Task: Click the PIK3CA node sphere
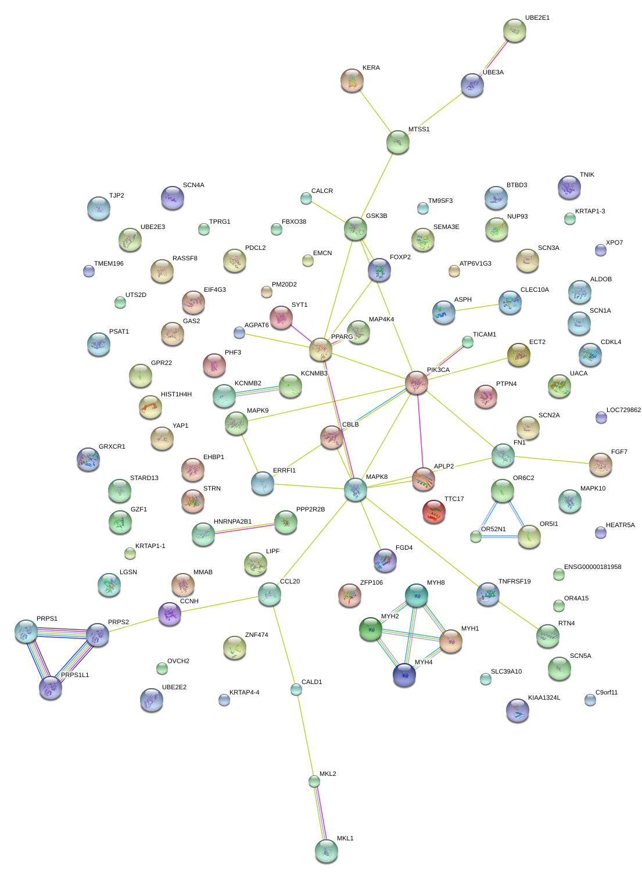coord(417,382)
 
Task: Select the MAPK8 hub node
coord(356,489)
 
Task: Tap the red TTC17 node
coord(434,511)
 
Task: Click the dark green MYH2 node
coord(371,629)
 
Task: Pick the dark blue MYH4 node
coord(404,675)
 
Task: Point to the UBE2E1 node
coord(514,30)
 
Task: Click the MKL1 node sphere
coord(326,850)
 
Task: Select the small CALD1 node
coord(296,689)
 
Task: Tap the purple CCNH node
coord(170,613)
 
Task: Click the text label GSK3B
coord(376,216)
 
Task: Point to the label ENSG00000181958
coord(593,567)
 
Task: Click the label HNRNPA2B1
coord(232,522)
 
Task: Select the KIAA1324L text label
coord(544,698)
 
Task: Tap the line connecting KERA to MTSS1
coord(375,111)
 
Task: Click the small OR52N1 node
coord(476,536)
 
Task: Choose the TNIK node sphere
coord(569,187)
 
